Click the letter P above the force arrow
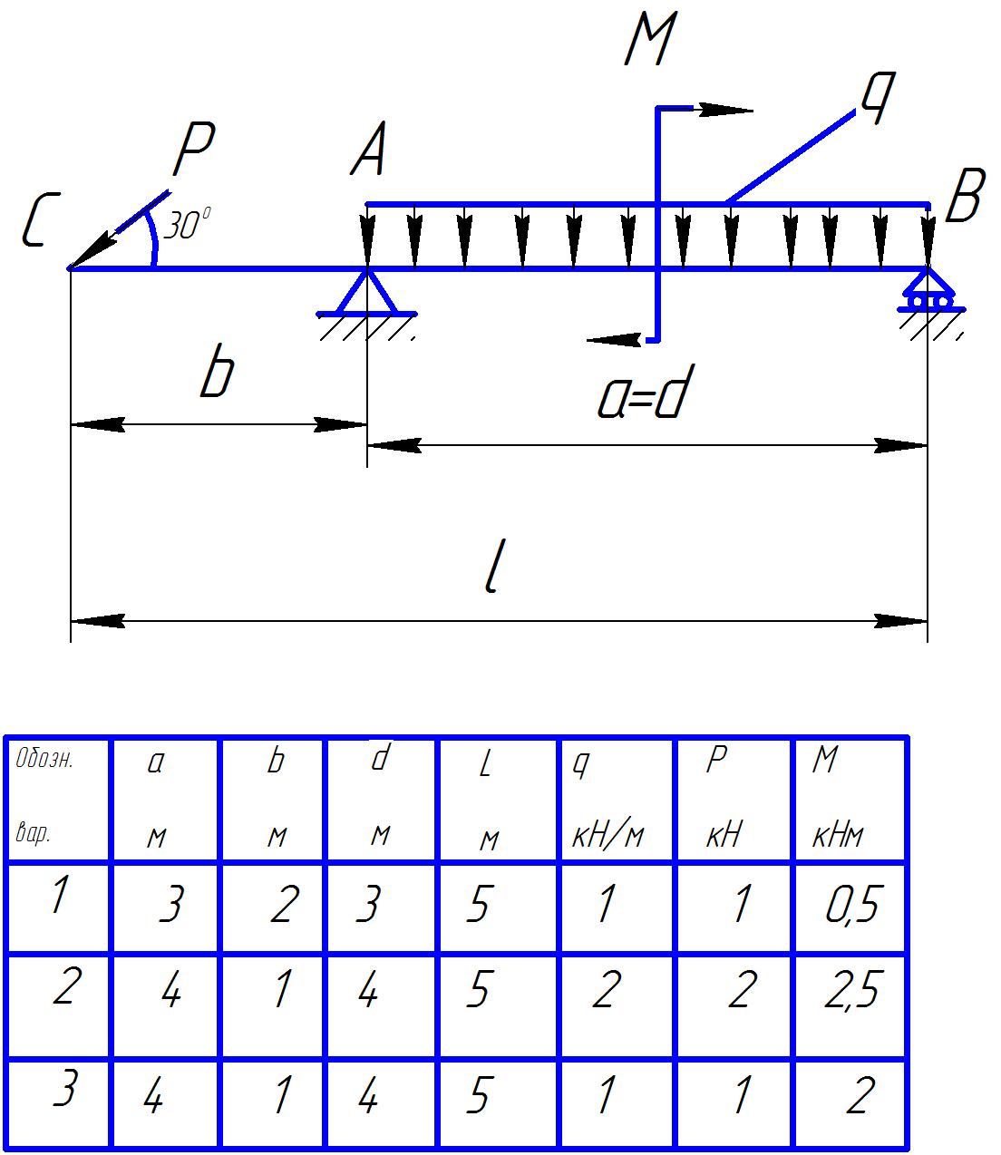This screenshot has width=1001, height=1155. (x=193, y=150)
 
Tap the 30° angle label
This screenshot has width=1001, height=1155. (x=188, y=225)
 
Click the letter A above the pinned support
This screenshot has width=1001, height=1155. (x=369, y=151)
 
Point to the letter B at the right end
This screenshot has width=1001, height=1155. (x=963, y=199)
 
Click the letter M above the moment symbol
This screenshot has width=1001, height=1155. (x=650, y=42)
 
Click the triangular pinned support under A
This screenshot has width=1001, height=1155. (x=367, y=294)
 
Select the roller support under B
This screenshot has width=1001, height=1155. (x=928, y=294)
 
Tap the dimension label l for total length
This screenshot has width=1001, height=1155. (x=492, y=570)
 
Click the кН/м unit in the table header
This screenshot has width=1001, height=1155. (x=607, y=835)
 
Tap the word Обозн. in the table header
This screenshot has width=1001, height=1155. (x=44, y=760)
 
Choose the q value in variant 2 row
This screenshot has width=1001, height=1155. (x=606, y=990)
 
